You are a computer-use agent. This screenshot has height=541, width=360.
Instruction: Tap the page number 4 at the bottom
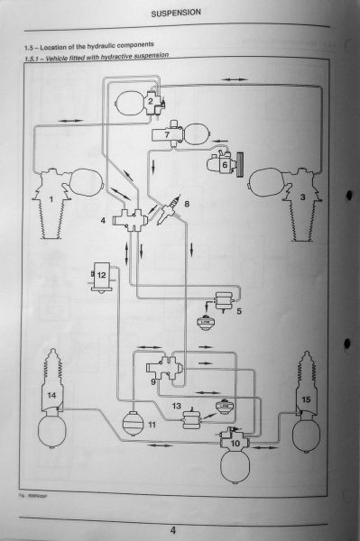pyautogui.click(x=185, y=529)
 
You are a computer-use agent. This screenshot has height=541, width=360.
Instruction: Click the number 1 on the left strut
pyautogui.click(x=51, y=196)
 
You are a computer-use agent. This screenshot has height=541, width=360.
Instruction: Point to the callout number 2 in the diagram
pyautogui.click(x=151, y=102)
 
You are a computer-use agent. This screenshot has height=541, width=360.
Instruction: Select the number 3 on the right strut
pyautogui.click(x=303, y=196)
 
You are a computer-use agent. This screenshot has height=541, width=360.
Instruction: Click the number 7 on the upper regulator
pyautogui.click(x=167, y=135)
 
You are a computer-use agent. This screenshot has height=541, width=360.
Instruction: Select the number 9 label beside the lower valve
pyautogui.click(x=154, y=382)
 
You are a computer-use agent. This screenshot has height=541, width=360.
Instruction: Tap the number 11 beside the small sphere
pyautogui.click(x=152, y=424)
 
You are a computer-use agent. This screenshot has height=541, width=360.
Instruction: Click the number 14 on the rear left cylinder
pyautogui.click(x=51, y=396)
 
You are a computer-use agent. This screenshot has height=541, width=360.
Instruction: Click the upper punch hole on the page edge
pyautogui.click(x=347, y=190)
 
